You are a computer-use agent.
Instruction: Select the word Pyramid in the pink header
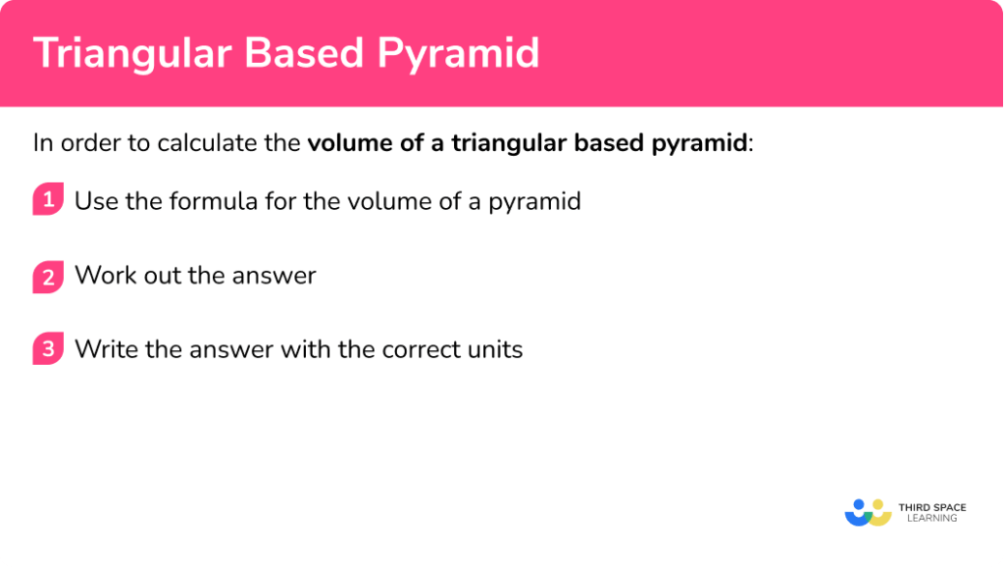click(460, 53)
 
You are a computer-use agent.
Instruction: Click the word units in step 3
click(493, 349)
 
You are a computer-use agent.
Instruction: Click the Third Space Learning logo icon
click(868, 513)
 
